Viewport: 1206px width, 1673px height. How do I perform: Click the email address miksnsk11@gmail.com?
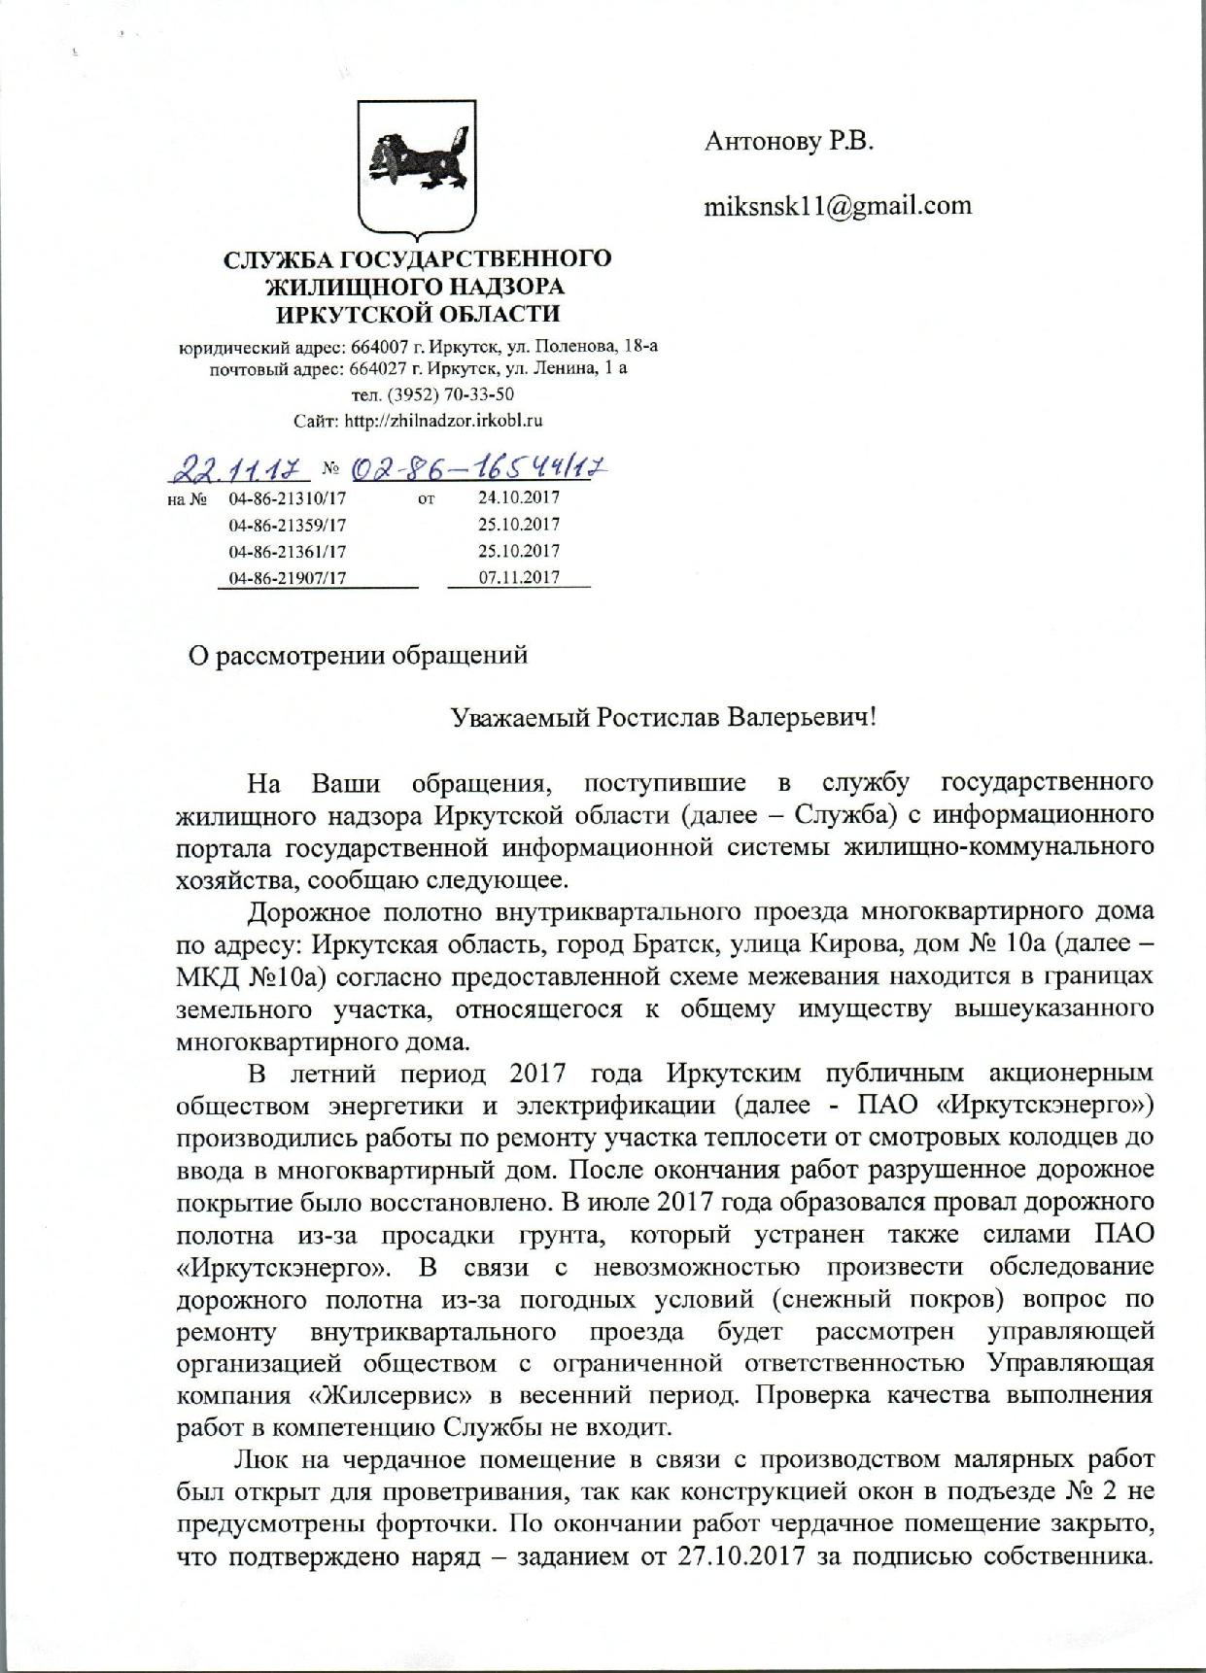pos(838,206)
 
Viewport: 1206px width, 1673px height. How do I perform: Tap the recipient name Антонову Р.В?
pos(789,142)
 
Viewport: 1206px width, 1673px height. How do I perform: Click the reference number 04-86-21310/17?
pos(288,498)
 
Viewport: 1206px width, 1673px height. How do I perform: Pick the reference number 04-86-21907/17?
pos(288,578)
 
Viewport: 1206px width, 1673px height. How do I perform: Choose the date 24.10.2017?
pos(519,497)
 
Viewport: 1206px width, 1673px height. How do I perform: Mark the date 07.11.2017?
pos(519,577)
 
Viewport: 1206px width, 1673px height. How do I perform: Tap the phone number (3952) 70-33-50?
pos(450,394)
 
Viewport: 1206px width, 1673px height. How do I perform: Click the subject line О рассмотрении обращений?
pos(358,655)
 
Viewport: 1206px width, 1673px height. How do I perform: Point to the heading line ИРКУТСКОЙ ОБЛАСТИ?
pos(418,314)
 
